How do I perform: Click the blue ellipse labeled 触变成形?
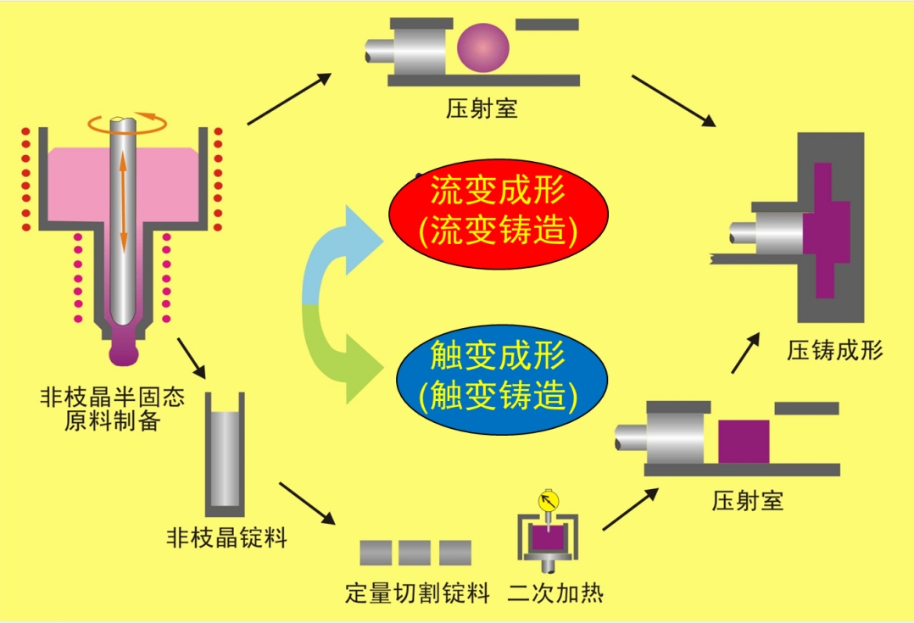(498, 375)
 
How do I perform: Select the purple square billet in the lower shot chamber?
(744, 441)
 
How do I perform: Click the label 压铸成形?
(834, 350)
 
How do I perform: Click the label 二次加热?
(555, 592)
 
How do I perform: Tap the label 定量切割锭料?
(417, 592)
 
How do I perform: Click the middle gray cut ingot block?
(415, 553)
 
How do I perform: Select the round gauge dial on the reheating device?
(547, 500)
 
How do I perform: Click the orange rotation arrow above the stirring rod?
(127, 125)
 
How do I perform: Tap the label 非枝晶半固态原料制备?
(112, 409)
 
